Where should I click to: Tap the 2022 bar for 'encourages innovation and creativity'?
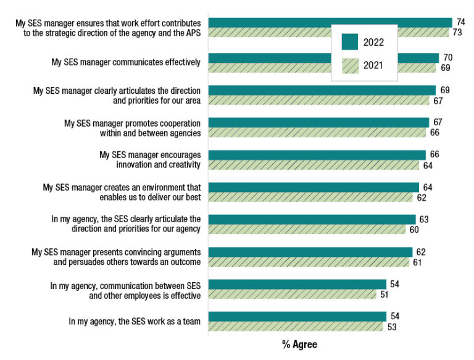317,154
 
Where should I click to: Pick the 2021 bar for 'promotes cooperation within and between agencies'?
317,133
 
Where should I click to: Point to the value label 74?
460,22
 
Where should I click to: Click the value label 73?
457,32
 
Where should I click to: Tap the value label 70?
447,57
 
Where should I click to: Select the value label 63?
424,219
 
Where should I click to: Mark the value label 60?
414,230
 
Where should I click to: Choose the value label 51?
385,295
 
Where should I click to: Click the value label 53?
391,327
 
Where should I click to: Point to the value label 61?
417,262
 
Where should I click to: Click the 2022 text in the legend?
373,43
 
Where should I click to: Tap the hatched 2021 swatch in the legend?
350,64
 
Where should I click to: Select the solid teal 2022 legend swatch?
350,42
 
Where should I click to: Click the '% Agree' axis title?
299,345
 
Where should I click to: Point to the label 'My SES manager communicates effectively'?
126,62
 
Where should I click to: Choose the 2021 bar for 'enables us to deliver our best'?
310,198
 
